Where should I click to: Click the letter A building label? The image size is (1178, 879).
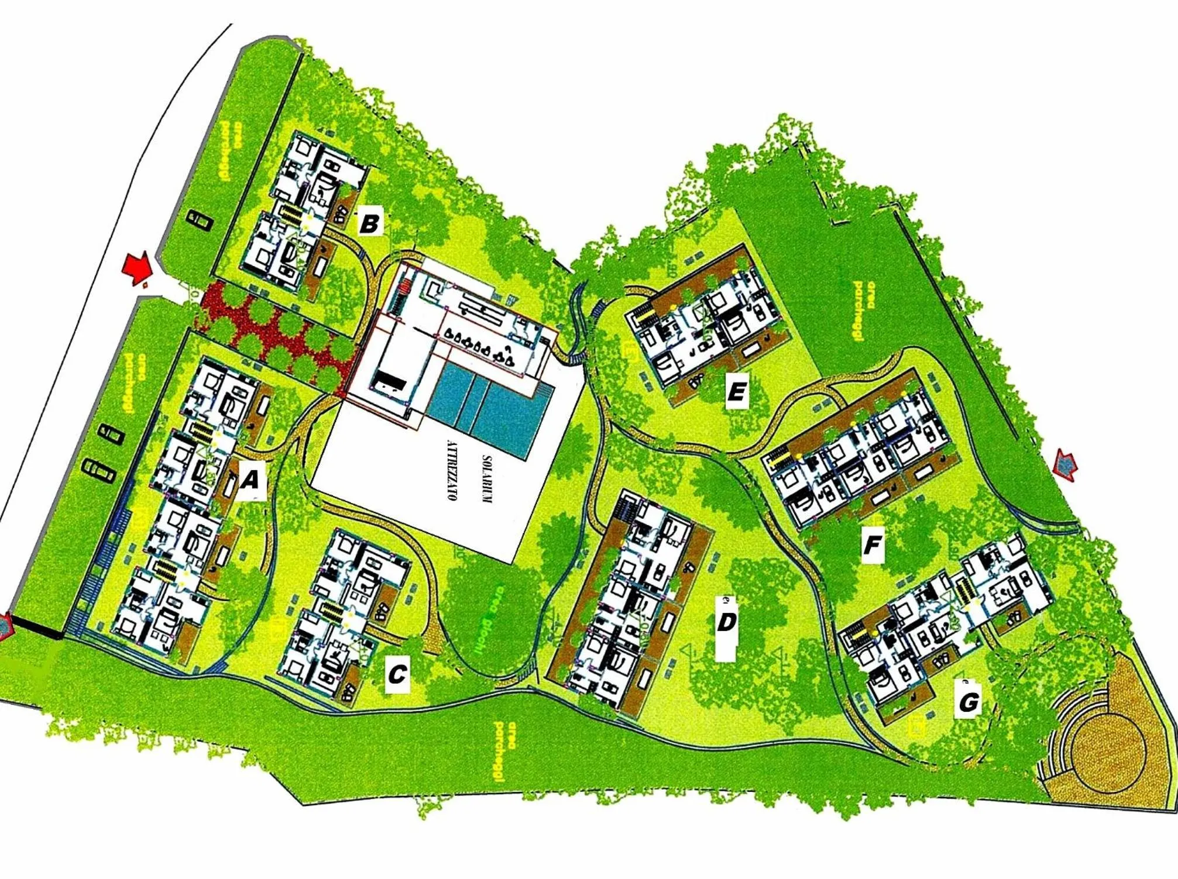[250, 480]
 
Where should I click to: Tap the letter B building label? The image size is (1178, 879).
[370, 223]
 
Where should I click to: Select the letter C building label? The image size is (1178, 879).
[397, 674]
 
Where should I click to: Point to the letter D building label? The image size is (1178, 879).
[726, 623]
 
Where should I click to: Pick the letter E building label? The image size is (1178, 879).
[736, 391]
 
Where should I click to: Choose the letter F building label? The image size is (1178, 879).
[872, 544]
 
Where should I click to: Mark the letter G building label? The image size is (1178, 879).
[968, 701]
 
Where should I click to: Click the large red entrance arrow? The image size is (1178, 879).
[137, 268]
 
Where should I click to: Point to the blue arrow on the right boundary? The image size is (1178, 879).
[1066, 466]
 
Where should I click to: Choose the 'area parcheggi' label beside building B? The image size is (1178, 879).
[231, 150]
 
